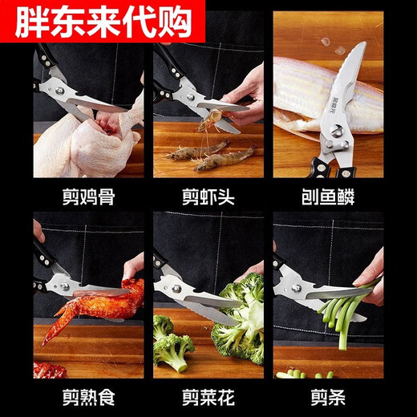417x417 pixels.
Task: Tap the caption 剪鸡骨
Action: (x=89, y=197)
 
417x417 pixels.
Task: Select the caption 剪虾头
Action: (x=208, y=197)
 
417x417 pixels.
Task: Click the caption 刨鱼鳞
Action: (x=328, y=197)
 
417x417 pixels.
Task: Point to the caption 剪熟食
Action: (x=89, y=397)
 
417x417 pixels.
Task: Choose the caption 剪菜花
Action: (x=208, y=397)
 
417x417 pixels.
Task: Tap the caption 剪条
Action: (x=328, y=397)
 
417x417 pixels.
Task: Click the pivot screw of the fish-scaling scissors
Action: (x=334, y=132)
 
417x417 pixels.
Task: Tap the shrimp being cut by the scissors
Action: (x=213, y=119)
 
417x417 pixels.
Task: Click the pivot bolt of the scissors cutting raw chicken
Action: (x=59, y=91)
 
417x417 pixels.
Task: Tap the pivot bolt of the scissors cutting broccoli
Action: (x=176, y=289)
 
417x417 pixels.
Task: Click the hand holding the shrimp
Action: (x=245, y=99)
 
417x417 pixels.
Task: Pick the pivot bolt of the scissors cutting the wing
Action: (x=64, y=286)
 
